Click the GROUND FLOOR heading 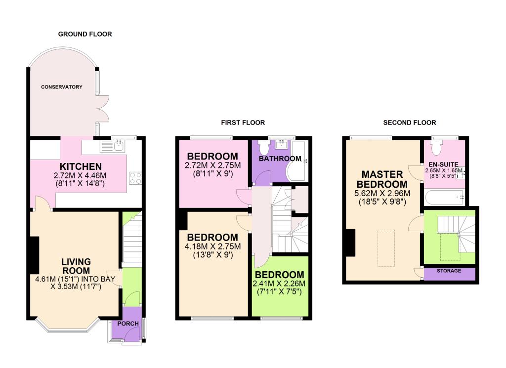pos(85,34)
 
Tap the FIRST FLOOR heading pos(243,123)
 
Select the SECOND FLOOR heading pos(410,123)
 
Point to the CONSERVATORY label pos(62,87)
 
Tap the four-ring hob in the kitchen pos(135,178)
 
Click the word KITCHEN pos(81,166)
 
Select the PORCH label pos(128,324)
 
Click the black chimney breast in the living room pos(34,255)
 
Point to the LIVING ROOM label pos(76,266)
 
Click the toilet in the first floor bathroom pos(264,147)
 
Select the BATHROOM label pos(280,159)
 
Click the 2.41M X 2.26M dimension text pos(279,284)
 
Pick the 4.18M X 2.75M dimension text pos(212,246)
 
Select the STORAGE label pos(449,271)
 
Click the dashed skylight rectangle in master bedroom pos(386,247)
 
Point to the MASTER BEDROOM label pos(382,179)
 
